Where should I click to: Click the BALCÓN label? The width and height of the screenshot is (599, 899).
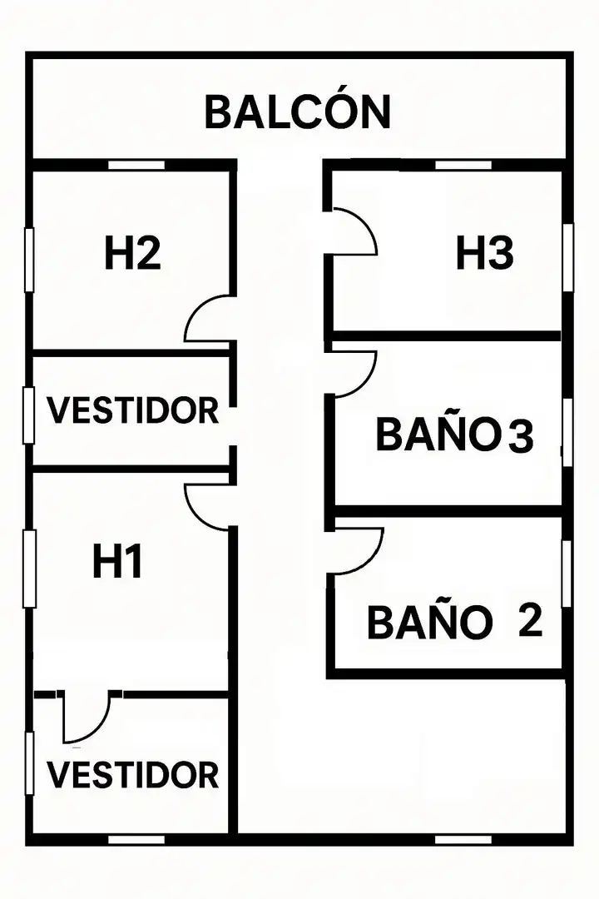[x=298, y=112]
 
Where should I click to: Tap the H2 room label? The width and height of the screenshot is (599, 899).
[x=132, y=253]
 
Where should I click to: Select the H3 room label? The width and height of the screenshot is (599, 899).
[x=484, y=253]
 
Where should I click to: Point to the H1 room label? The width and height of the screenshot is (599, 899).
[x=117, y=562]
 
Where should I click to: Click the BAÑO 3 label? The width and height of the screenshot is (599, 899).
[x=454, y=434]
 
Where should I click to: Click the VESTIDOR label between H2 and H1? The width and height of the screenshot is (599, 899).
[x=132, y=410]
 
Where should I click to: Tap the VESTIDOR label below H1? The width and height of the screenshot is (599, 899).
[x=132, y=775]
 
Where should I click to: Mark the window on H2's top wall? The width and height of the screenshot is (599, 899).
[x=136, y=165]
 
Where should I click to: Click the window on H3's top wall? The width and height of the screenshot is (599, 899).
[x=463, y=165]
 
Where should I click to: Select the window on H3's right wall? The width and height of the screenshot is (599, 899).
[x=568, y=257]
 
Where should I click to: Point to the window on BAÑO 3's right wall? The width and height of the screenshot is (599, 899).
[x=567, y=432]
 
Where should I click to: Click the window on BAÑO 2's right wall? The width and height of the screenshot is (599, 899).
[x=567, y=574]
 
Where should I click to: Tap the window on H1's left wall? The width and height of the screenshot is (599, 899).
[x=29, y=569]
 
